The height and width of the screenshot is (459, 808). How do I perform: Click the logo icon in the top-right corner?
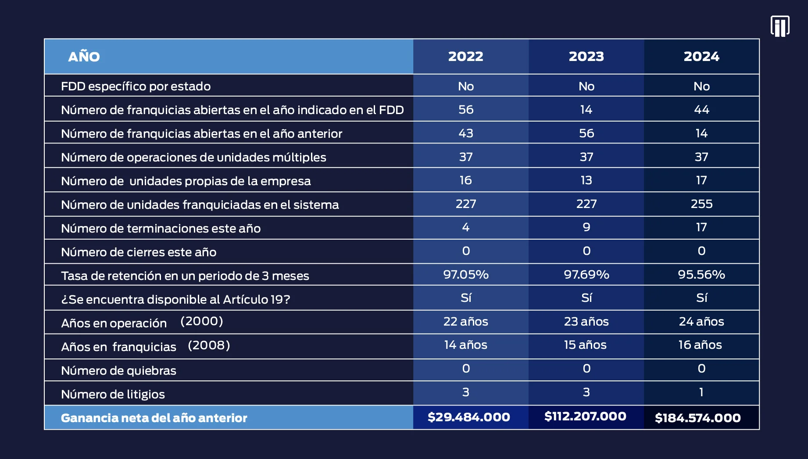coord(780,26)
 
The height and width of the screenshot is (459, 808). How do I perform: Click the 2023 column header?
coord(586,57)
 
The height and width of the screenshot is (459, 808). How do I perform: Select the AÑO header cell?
coord(84,56)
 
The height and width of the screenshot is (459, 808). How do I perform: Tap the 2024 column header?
coord(701,57)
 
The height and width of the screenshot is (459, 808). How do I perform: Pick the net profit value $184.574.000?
coord(698,418)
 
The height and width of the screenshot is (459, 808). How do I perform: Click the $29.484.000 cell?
coord(468,417)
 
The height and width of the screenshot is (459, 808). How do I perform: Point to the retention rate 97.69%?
coord(586,275)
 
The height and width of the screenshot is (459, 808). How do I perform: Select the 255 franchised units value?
coord(701,204)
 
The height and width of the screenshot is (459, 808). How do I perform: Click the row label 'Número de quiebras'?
coord(118,371)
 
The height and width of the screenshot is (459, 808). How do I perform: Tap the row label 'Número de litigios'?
coord(113,394)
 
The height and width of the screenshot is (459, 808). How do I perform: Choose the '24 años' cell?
coord(701,322)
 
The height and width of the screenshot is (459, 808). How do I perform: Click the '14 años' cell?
coord(465,345)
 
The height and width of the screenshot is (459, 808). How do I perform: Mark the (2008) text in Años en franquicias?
coord(209,345)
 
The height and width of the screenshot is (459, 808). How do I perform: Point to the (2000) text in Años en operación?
coord(202,321)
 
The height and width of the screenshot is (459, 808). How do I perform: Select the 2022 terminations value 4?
coord(466,227)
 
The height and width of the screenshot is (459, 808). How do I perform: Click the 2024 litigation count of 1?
coord(701,392)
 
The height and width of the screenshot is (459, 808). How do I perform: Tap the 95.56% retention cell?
coord(701,275)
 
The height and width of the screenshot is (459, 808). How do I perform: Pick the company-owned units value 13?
coord(586,180)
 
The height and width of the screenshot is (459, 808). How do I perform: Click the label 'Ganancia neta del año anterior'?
coord(154,418)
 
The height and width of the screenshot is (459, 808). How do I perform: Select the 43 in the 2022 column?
coord(466,133)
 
